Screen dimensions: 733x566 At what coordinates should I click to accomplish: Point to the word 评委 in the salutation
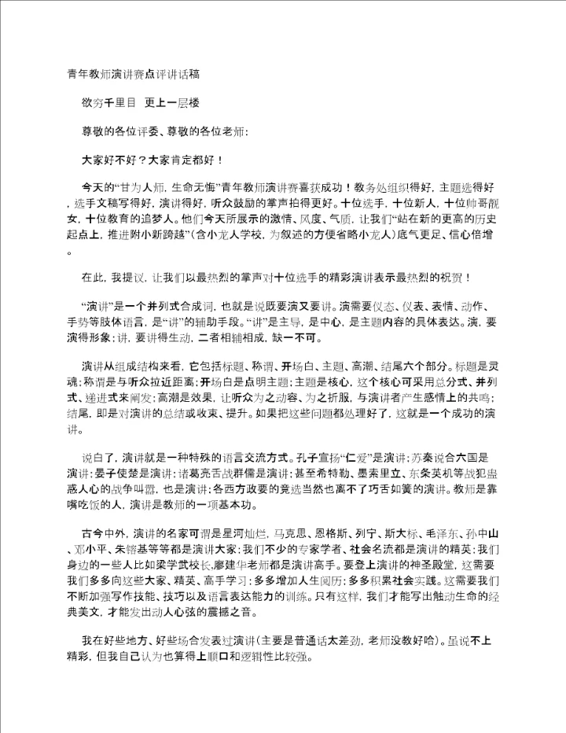tap(150, 131)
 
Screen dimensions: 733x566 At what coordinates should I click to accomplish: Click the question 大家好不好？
tap(113, 160)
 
